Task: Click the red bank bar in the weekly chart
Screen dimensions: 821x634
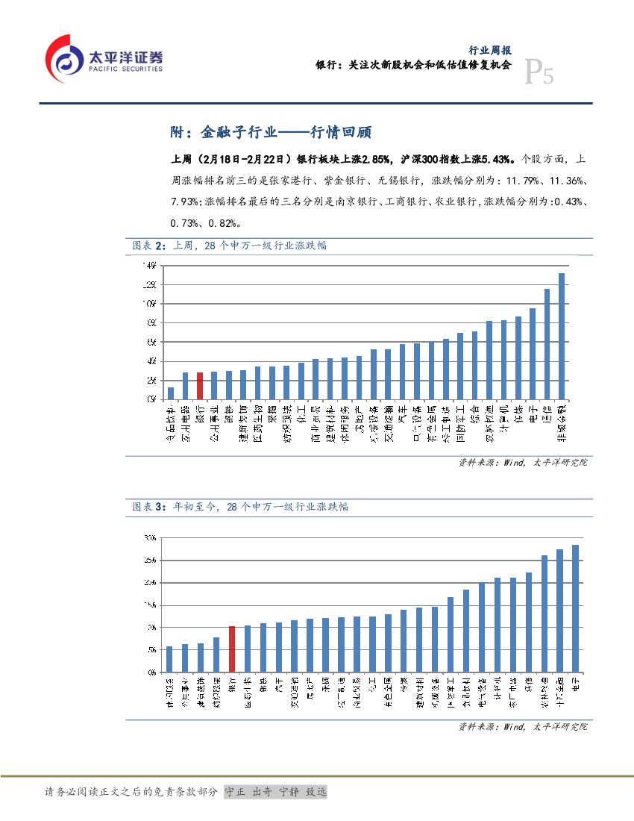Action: pos(200,385)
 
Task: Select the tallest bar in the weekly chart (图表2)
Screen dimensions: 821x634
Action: pos(562,336)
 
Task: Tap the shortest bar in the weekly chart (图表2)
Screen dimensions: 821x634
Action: pos(171,393)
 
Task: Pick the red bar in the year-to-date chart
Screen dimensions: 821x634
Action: pos(231,649)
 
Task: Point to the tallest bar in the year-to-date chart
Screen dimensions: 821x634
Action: pos(575,608)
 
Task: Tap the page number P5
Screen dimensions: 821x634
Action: pos(539,73)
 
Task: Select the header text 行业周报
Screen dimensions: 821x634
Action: pos(489,50)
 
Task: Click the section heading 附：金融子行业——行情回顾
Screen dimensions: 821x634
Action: pos(272,133)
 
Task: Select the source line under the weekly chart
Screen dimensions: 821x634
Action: pos(523,463)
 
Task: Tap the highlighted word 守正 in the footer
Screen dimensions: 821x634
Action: pos(236,792)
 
